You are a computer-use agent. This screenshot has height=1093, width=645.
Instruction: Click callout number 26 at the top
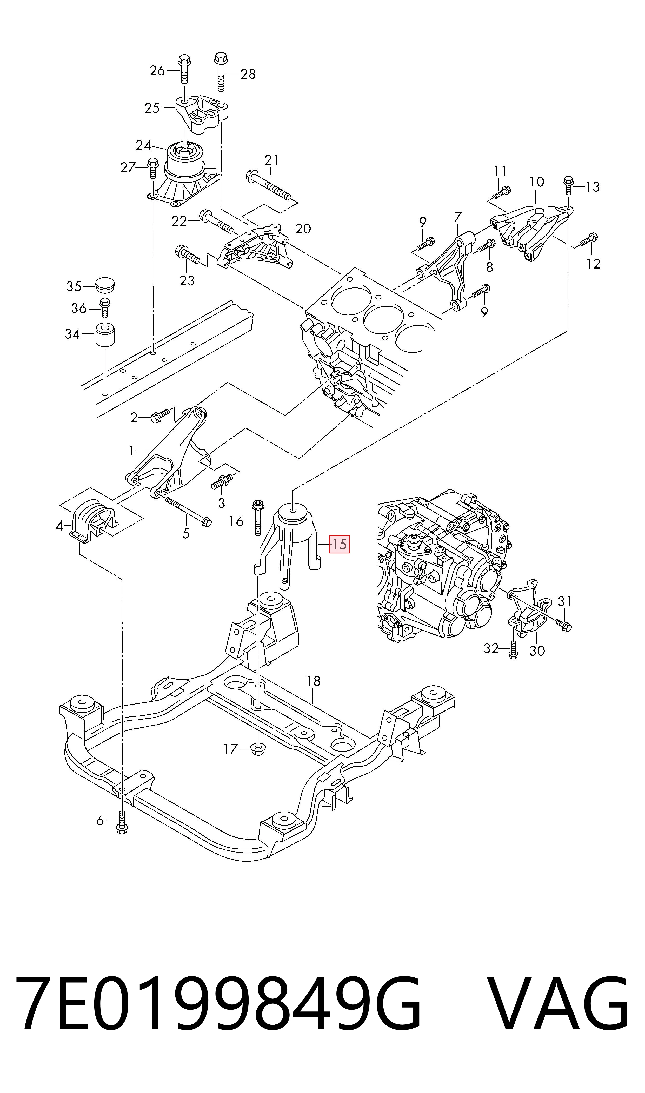pos(157,70)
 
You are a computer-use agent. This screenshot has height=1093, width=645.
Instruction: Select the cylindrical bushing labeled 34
pos(105,334)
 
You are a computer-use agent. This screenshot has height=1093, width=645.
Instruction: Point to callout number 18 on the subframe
pos(313,680)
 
